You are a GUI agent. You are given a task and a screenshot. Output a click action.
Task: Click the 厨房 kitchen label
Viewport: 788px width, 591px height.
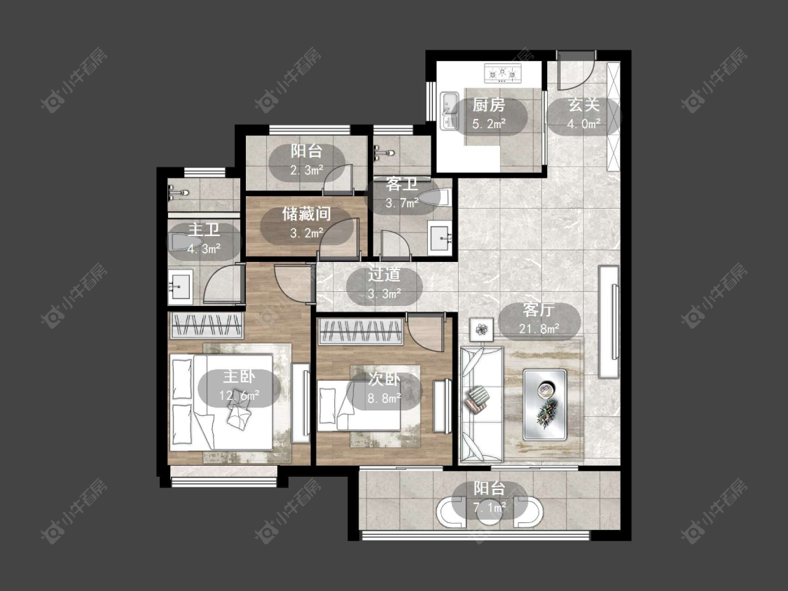pyautogui.click(x=488, y=105)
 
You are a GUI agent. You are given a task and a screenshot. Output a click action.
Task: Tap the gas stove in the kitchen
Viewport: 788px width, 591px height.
pyautogui.click(x=502, y=74)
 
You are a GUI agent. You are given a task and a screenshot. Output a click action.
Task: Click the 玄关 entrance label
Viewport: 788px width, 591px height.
pyautogui.click(x=583, y=105)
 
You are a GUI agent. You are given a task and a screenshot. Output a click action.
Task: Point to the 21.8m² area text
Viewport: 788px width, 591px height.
pyautogui.click(x=539, y=328)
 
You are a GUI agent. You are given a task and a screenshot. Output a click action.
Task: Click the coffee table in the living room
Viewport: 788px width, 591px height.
pyautogui.click(x=545, y=405)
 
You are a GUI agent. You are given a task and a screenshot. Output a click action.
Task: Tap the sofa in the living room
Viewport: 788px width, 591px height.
pyautogui.click(x=481, y=403)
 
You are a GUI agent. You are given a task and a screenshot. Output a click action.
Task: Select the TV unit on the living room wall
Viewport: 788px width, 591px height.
pyautogui.click(x=609, y=321)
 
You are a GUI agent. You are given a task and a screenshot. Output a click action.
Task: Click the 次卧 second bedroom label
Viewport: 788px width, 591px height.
pyautogui.click(x=384, y=379)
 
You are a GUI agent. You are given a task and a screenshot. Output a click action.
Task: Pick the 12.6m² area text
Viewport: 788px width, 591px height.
pyautogui.click(x=240, y=396)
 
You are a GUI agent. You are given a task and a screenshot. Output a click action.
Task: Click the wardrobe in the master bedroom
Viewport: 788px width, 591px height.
pyautogui.click(x=207, y=325)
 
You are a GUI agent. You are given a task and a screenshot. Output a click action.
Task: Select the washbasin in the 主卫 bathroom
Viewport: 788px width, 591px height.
pyautogui.click(x=180, y=287)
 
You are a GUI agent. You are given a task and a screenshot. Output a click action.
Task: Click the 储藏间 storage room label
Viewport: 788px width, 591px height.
pyautogui.click(x=306, y=214)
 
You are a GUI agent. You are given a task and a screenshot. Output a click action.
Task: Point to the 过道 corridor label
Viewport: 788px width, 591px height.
pyautogui.click(x=384, y=274)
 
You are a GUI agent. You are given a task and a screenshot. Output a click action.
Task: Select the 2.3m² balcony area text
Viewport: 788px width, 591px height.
pyautogui.click(x=307, y=170)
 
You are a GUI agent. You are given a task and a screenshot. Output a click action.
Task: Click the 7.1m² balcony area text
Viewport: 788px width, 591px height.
pyautogui.click(x=490, y=508)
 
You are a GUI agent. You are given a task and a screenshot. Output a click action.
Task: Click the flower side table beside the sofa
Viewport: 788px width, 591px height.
pyautogui.click(x=481, y=330)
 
